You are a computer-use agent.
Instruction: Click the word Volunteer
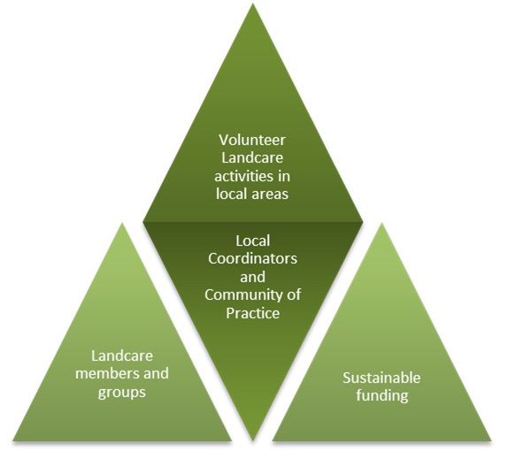(252, 140)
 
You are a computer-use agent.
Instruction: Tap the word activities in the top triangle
(242, 176)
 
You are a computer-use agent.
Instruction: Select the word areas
(270, 194)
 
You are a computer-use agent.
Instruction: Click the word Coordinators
(252, 258)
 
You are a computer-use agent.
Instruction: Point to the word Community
(244, 295)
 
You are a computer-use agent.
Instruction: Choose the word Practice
(252, 313)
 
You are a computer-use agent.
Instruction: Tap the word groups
(122, 393)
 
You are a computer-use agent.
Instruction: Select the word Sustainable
(381, 378)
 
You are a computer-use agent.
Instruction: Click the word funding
(382, 396)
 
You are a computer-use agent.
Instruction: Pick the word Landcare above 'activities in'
(252, 158)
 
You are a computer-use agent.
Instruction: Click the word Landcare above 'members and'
(122, 355)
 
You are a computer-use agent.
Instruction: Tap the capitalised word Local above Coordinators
(252, 241)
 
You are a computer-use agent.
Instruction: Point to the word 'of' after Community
(294, 294)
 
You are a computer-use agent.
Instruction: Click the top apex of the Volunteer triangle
(253, 4)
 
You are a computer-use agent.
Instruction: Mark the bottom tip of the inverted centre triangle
(253, 440)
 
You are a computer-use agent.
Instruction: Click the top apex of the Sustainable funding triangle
(381, 223)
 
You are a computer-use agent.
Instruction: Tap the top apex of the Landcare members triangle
(122, 223)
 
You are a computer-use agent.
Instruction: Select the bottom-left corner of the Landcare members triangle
(12, 440)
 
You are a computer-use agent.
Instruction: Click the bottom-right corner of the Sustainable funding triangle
(491, 440)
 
